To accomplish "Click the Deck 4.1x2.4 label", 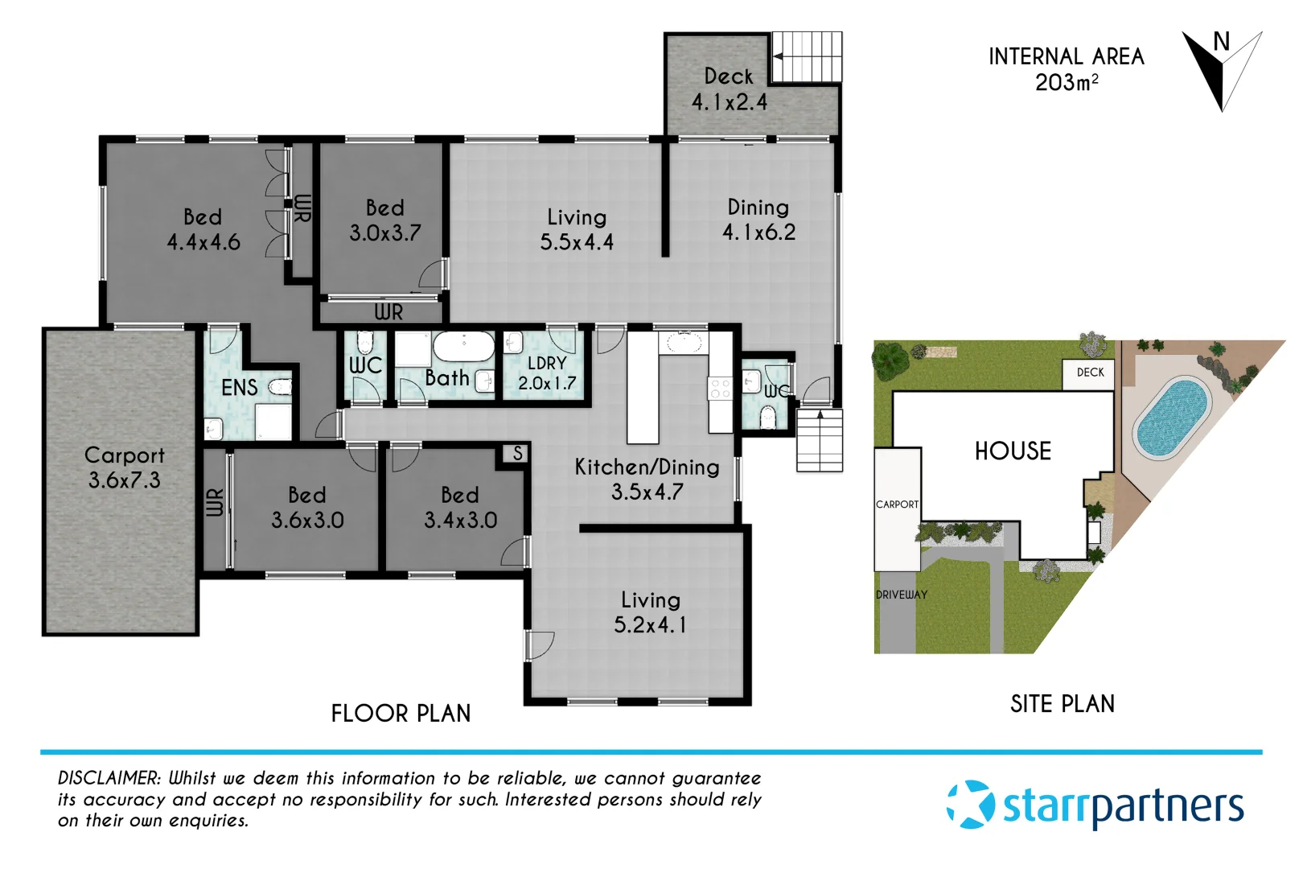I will click(729, 89).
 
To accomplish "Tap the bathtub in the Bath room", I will click(463, 347).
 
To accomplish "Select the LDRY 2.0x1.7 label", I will click(547, 373).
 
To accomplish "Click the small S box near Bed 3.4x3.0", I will click(518, 454).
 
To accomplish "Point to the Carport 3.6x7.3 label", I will click(124, 467).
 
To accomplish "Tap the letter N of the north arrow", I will click(1221, 42).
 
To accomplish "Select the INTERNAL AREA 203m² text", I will click(1066, 69).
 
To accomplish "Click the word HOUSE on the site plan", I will click(1013, 451).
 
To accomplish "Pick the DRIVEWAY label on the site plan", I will click(901, 595).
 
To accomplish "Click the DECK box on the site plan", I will click(1090, 373).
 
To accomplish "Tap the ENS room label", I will click(239, 388).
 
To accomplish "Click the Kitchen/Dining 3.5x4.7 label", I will click(647, 479).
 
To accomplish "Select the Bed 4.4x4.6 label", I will click(203, 229).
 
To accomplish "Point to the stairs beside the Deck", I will click(807, 57).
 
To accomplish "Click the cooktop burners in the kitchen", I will click(720, 389).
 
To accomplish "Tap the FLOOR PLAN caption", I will click(401, 714).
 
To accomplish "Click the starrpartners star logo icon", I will click(971, 804).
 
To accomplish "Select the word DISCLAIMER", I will click(109, 778).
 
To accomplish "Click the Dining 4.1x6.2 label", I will click(758, 220).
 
